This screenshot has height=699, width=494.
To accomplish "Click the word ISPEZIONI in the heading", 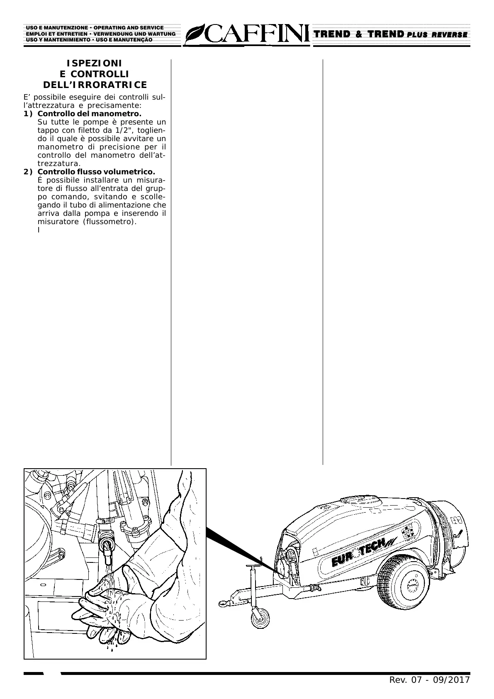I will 95,64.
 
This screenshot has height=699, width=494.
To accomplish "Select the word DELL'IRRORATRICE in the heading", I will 95,85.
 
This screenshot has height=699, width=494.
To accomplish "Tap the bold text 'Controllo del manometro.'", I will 89,114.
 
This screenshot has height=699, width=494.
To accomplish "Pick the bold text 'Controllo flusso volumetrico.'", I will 96,172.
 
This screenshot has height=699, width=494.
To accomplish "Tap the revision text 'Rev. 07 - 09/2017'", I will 429,680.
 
